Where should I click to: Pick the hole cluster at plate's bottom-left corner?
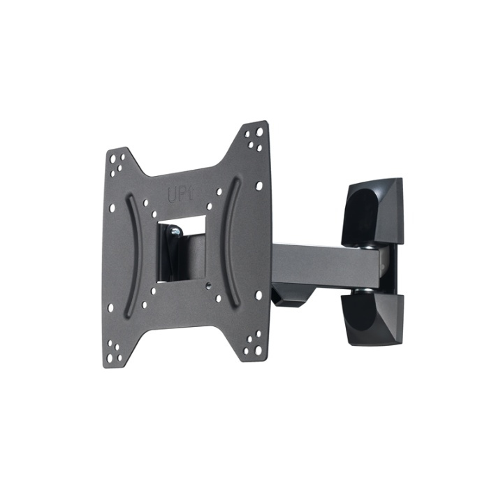116,353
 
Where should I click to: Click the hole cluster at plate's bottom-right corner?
253,343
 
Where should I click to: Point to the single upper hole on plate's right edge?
258,186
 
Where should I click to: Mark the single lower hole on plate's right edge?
258,295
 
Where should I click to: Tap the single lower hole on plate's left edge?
111,305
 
